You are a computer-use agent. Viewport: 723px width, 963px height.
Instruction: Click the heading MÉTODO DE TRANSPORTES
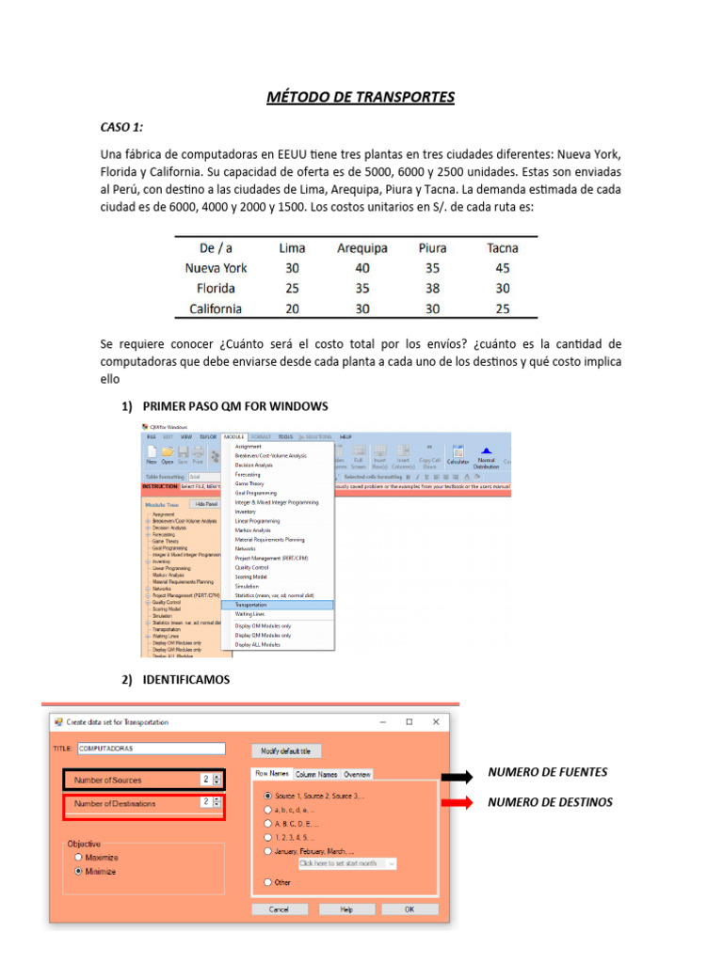click(x=361, y=97)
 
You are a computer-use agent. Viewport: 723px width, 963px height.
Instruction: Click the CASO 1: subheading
click(x=122, y=126)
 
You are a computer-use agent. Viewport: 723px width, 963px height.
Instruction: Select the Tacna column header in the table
click(x=502, y=248)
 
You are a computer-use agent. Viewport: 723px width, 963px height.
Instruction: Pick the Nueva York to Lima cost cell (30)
click(x=292, y=268)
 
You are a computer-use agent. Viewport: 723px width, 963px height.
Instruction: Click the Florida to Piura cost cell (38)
click(x=432, y=289)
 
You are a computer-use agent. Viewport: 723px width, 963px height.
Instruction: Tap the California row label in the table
click(x=215, y=308)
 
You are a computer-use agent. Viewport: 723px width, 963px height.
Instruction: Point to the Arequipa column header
click(x=361, y=248)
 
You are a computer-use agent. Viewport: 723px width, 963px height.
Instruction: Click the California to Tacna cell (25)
click(x=502, y=308)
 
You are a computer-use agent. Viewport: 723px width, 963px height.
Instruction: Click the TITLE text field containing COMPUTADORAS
click(x=151, y=749)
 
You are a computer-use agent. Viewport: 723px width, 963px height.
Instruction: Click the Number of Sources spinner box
click(x=210, y=779)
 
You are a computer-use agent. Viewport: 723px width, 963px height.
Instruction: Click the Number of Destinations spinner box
click(x=210, y=803)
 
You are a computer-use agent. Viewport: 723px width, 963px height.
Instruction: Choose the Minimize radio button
click(x=79, y=871)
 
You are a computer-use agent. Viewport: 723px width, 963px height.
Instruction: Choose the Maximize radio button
click(x=79, y=858)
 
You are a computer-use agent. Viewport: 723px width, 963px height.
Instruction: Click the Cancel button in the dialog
click(x=279, y=909)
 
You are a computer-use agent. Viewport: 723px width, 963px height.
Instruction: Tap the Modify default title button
click(x=286, y=750)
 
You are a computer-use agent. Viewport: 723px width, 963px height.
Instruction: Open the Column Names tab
click(x=315, y=774)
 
